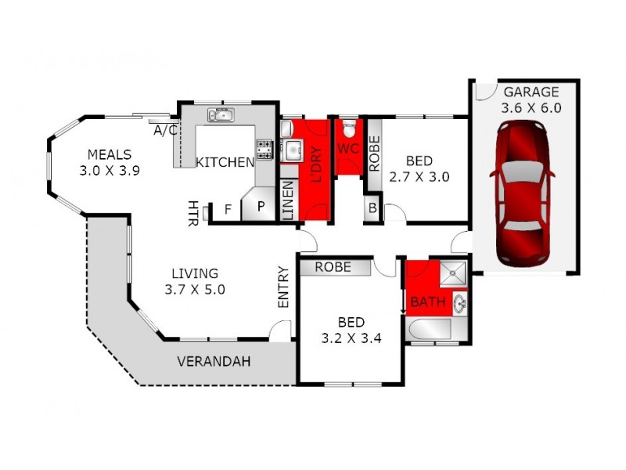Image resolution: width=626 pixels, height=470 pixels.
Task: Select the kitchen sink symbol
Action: [220, 116]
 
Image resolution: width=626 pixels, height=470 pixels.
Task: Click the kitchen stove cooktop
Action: [264, 146]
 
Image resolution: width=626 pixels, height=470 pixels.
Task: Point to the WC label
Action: [347, 148]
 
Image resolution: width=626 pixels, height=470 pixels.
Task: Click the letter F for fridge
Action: [228, 210]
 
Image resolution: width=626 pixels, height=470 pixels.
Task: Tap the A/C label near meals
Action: [164, 130]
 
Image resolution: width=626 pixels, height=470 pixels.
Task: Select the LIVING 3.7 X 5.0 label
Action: [195, 281]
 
